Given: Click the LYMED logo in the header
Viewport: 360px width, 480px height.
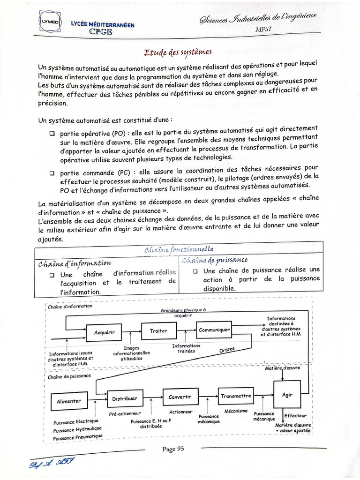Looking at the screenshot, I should point(50,22).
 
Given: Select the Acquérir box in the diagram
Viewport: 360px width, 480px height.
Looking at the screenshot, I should point(105,332).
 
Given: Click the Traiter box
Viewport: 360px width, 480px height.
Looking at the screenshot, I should point(158,331).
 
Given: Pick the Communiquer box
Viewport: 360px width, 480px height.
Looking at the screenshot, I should point(214,330).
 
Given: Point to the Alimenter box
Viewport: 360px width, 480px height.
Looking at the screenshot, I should point(68,401).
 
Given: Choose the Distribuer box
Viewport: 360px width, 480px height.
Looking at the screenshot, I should point(124,398).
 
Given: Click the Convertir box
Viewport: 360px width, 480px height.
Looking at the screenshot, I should point(180,397).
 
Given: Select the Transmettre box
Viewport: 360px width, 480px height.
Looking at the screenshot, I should point(236,396).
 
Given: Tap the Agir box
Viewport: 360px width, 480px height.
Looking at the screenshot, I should point(287,395).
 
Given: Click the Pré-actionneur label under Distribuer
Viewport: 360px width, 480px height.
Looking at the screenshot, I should point(125,414).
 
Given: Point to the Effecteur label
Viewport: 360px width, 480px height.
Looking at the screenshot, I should point(295,415).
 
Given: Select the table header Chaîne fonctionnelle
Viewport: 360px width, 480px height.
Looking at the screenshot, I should point(179,249).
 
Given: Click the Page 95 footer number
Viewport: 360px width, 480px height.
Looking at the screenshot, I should point(173,449).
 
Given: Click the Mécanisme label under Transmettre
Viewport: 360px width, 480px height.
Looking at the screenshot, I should point(236,411).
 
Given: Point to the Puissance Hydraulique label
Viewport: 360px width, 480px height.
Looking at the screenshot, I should point(77,429).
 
